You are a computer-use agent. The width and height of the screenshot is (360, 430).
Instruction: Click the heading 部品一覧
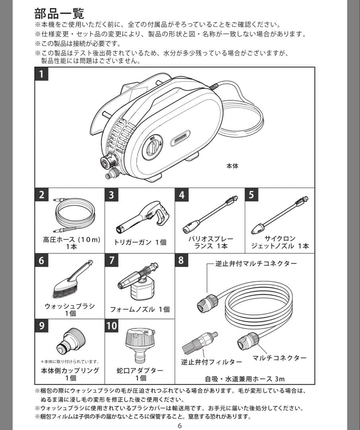tap(59, 13)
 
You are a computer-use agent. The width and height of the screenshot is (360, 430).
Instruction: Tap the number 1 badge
tap(41, 74)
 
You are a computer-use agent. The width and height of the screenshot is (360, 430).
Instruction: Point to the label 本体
tap(232, 166)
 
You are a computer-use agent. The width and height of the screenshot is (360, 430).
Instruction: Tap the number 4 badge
tap(182, 195)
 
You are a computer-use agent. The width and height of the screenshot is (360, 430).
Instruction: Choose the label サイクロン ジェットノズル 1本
tap(280, 242)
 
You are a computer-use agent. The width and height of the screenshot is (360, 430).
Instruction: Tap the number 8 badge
tap(181, 261)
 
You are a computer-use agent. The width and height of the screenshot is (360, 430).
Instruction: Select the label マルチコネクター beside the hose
tap(279, 358)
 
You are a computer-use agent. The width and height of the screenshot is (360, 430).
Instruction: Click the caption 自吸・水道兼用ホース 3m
tap(245, 379)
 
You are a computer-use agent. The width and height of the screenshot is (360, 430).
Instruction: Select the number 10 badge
tap(112, 326)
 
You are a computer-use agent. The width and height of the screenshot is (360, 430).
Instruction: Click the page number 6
tap(180, 426)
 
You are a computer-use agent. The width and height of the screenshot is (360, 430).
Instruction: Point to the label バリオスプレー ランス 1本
tap(210, 242)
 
